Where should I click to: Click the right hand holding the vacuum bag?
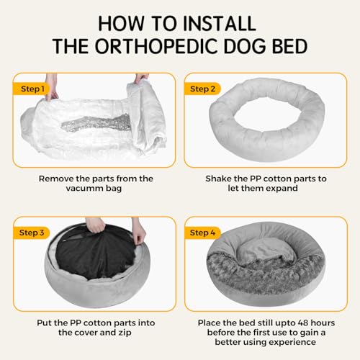tap(142, 77)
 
